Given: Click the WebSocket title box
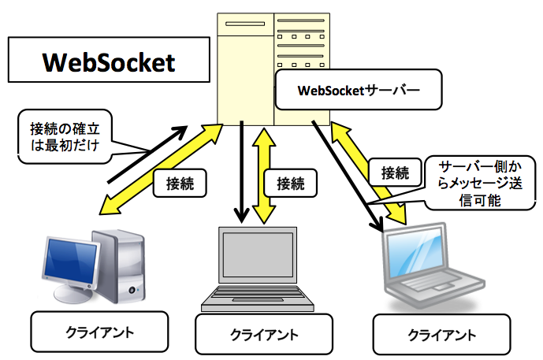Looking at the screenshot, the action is tap(109, 60).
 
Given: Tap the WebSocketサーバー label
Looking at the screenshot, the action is tap(359, 90).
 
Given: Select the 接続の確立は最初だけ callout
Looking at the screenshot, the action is tap(65, 136).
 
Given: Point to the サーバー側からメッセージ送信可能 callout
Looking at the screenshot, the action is tap(480, 183).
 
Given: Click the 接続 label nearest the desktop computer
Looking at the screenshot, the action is tap(180, 183).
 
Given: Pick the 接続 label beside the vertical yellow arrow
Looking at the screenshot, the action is tap(291, 183).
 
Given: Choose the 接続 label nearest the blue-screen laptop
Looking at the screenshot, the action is tap(395, 173).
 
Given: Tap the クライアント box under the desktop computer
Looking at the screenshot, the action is tap(99, 332).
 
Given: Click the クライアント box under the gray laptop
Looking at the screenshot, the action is tap(264, 334).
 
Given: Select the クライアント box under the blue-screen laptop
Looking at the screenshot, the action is tap(441, 334).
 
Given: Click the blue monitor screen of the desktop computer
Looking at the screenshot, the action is tap(71, 260).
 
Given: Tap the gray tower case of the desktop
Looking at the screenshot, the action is tap(120, 265).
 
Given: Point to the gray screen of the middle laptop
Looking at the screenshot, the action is tap(258, 254).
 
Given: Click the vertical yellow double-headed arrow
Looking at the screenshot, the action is tap(264, 176).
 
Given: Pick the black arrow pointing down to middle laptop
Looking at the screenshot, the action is tap(242, 172).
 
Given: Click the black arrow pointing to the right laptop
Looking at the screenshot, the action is tap(348, 176).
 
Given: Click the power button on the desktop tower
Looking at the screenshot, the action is tap(132, 289).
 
